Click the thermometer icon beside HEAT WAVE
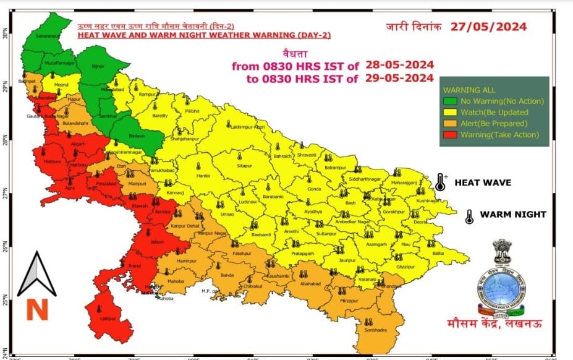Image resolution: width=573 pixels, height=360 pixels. tap(440, 182)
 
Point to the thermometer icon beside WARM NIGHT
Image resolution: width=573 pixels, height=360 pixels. tap(469, 215)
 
